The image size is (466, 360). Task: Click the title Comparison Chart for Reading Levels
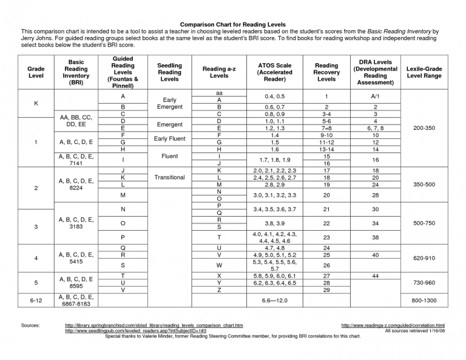tap(232, 24)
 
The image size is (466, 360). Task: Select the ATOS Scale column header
tap(275, 72)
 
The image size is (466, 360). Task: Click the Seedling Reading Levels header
tap(169, 72)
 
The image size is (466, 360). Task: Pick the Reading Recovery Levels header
tap(326, 72)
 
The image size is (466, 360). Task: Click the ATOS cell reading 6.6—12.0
tap(275, 300)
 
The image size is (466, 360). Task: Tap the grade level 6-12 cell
tap(36, 300)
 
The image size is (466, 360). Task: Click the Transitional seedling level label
tap(169, 178)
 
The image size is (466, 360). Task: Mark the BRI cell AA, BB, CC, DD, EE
tap(76, 120)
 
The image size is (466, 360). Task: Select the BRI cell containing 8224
tap(76, 185)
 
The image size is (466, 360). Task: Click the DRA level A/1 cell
tap(376, 97)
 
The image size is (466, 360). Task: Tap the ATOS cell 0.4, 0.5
tap(275, 97)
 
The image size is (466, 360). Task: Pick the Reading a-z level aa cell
tap(219, 93)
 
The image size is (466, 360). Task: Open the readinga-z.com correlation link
tap(393, 326)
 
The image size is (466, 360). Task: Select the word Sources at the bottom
tap(30, 326)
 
